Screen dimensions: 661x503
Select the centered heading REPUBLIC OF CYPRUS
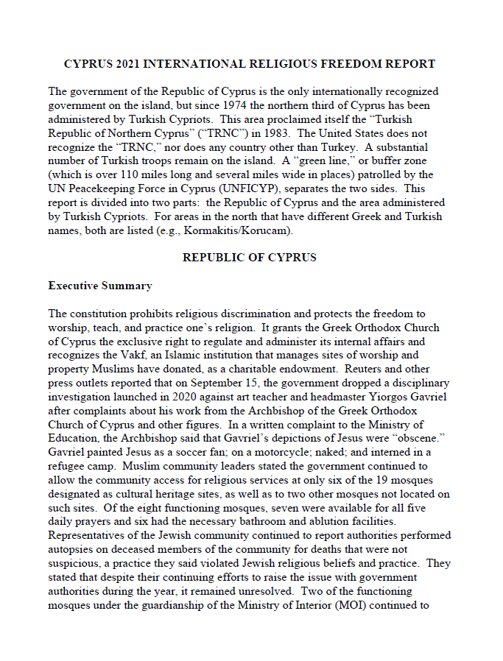click(x=250, y=258)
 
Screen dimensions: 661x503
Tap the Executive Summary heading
click(x=100, y=286)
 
